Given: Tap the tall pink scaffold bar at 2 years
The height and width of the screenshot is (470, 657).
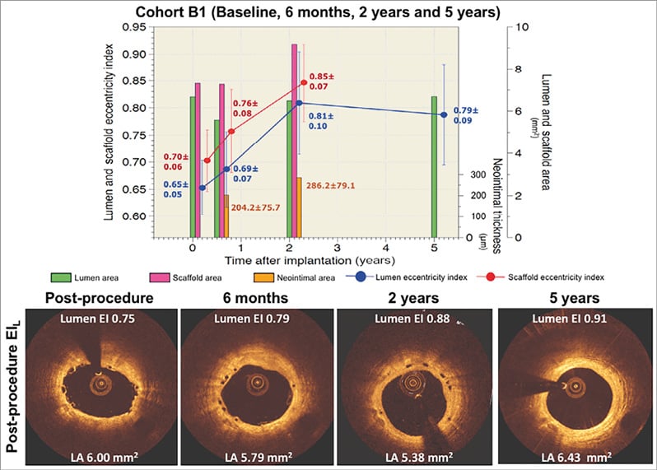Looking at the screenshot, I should pyautogui.click(x=294, y=140).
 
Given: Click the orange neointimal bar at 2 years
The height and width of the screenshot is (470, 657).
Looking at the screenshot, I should pyautogui.click(x=299, y=207).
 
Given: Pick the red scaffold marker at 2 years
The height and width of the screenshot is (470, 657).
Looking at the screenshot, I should pyautogui.click(x=304, y=82).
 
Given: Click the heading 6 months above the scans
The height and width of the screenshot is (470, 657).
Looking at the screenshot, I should pyautogui.click(x=255, y=298).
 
